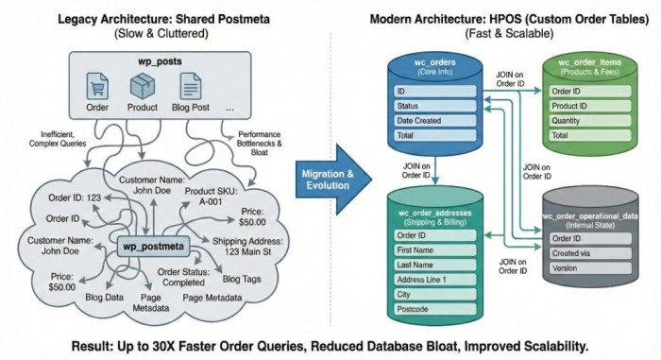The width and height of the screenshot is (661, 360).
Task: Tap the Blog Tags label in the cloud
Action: pyautogui.click(x=245, y=280)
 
